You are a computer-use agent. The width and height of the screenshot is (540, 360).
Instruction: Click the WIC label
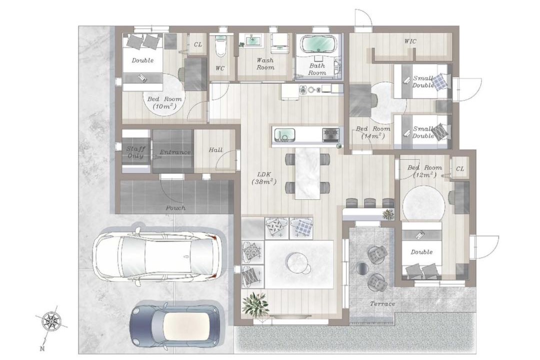[410, 41]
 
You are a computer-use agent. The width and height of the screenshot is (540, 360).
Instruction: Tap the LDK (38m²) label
[264, 178]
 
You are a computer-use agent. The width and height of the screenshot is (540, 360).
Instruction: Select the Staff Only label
[135, 152]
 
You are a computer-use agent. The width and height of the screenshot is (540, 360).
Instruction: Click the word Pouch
[175, 208]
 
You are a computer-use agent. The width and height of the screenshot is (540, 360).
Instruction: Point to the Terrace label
[382, 304]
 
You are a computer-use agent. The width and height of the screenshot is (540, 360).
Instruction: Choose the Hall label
[215, 150]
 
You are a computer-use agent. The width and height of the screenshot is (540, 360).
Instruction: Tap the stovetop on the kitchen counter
[330, 134]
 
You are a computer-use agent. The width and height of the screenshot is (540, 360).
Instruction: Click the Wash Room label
[265, 63]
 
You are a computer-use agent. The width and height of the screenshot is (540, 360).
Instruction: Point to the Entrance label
[175, 152]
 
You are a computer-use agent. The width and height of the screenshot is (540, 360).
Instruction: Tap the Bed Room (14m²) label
[373, 132]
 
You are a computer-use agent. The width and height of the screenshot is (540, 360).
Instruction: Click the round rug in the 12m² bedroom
[424, 203]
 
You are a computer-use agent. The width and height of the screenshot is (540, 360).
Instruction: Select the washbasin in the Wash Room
[253, 40]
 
